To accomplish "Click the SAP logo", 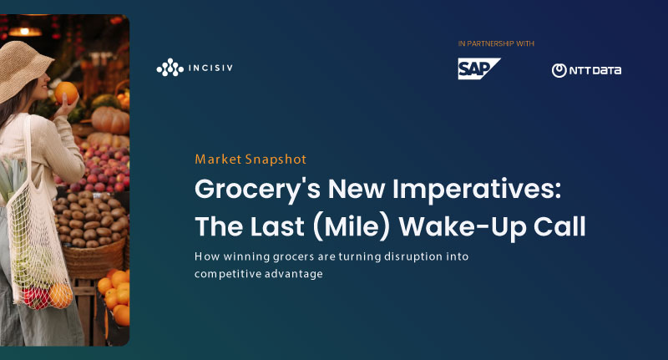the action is [x=478, y=68].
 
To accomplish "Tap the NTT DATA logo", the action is [x=586, y=70].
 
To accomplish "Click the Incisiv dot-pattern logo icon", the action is [x=170, y=68].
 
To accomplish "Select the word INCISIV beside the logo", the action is [x=210, y=68].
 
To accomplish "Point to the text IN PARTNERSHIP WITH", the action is [x=496, y=43].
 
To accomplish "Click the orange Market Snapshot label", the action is [x=250, y=160].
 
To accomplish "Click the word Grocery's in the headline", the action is [x=257, y=190].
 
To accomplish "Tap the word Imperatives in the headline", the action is [x=477, y=190].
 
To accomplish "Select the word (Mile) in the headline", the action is [x=351, y=226].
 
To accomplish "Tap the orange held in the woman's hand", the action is [x=66, y=93].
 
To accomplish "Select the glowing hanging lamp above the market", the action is [x=25, y=31].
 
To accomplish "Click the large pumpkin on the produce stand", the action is [x=110, y=120].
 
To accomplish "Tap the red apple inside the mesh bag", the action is [x=35, y=298].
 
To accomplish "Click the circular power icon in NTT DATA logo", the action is [x=559, y=71].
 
